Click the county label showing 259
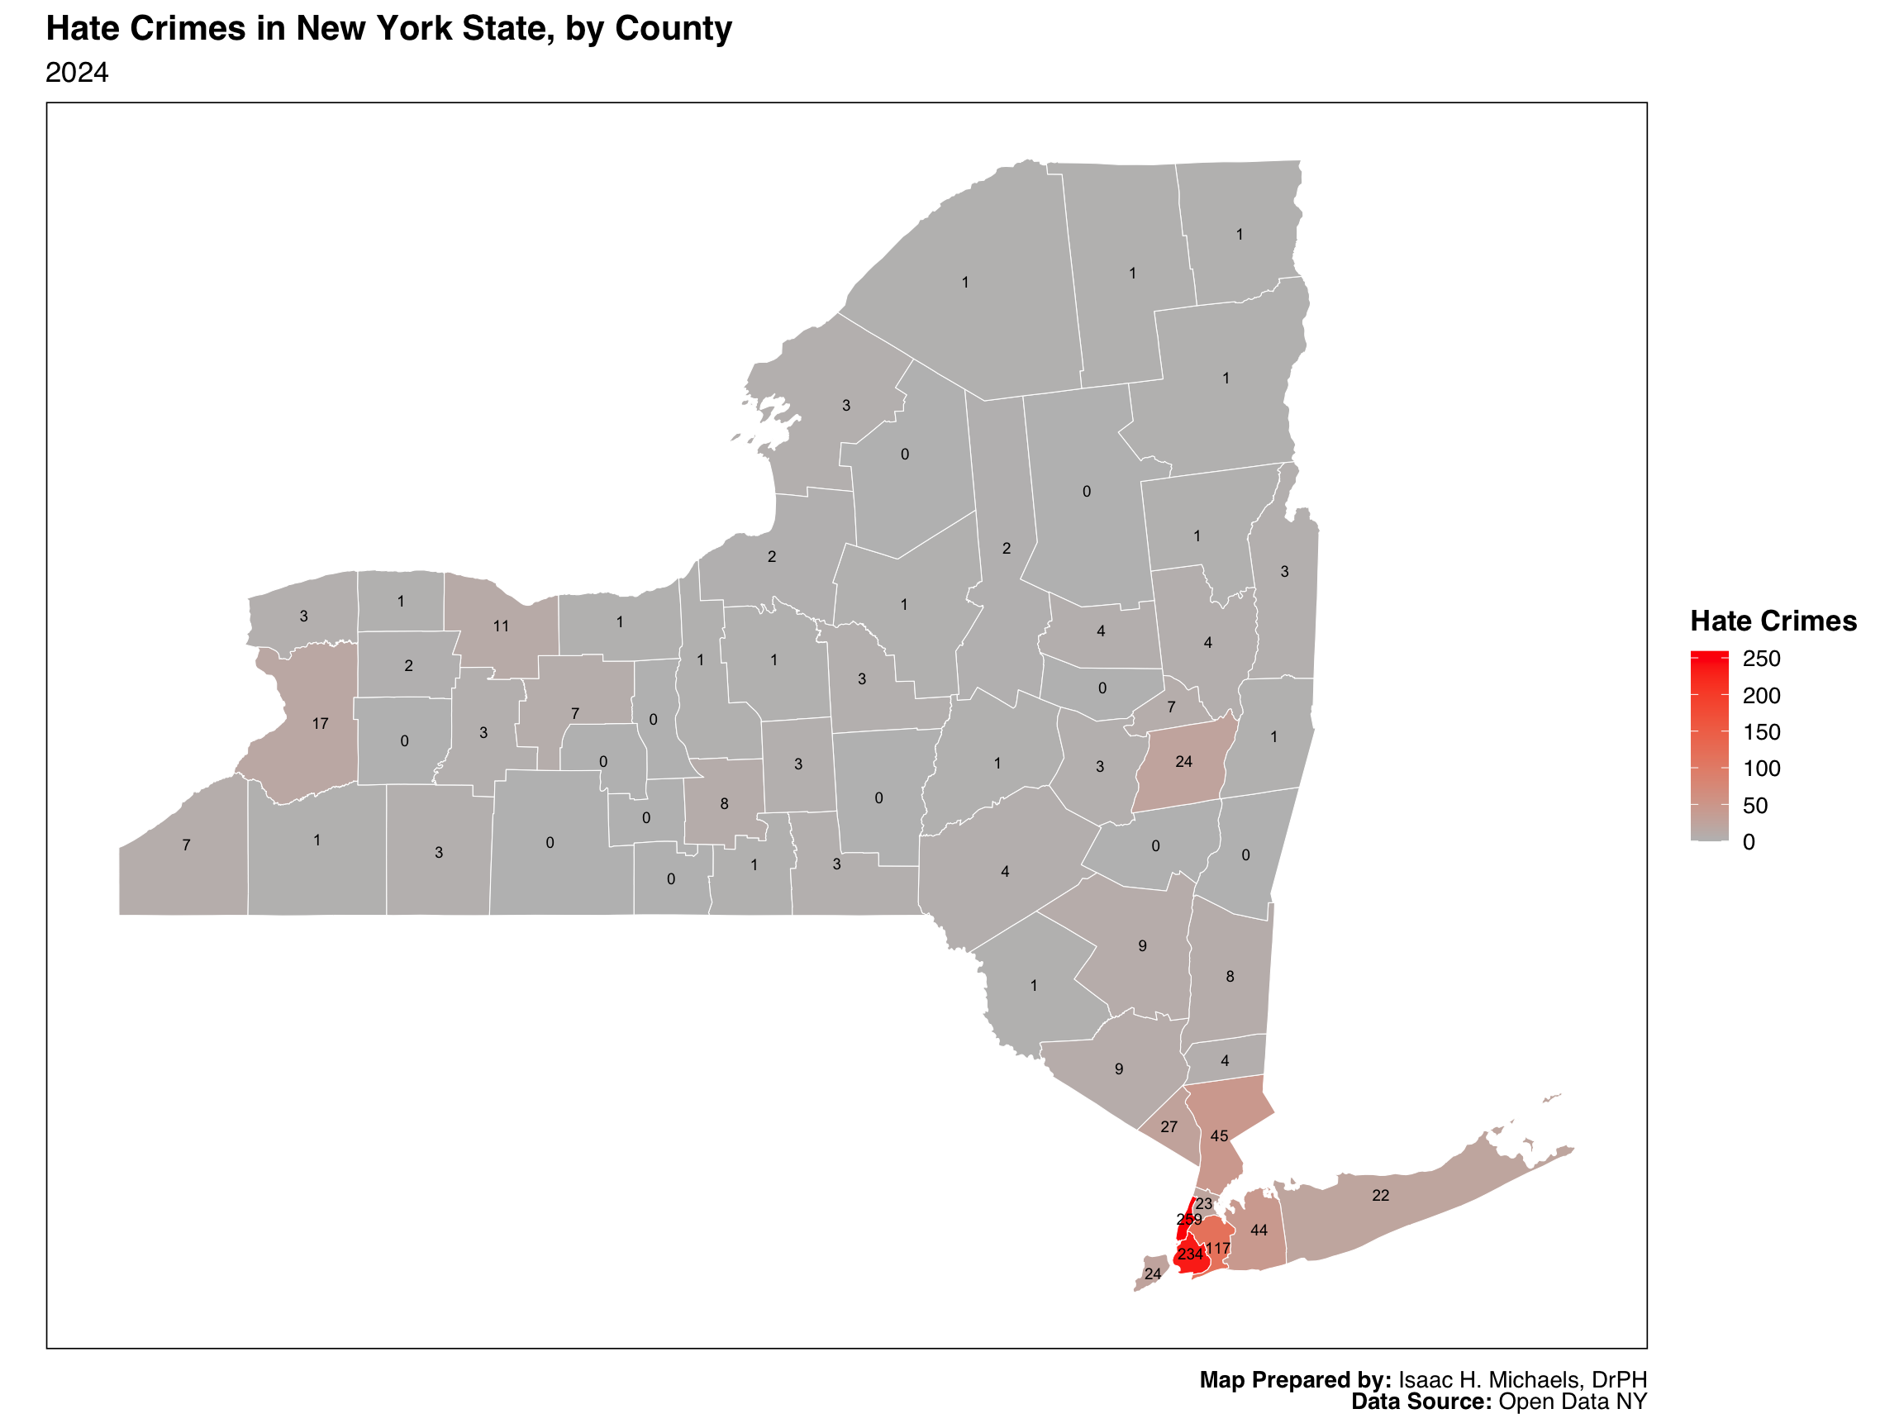[x=1188, y=1220]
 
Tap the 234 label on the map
[x=1189, y=1255]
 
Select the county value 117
[x=1218, y=1249]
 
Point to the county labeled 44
[x=1259, y=1230]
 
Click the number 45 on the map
[x=1219, y=1136]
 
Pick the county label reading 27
[x=1169, y=1126]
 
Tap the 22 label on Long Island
[x=1381, y=1196]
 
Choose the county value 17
[x=320, y=724]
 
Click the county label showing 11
[x=501, y=626]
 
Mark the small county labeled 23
[x=1203, y=1204]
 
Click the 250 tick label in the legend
[x=1761, y=659]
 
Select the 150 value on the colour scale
[x=1761, y=732]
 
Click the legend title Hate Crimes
[x=1773, y=621]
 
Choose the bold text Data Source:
[x=1421, y=1402]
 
